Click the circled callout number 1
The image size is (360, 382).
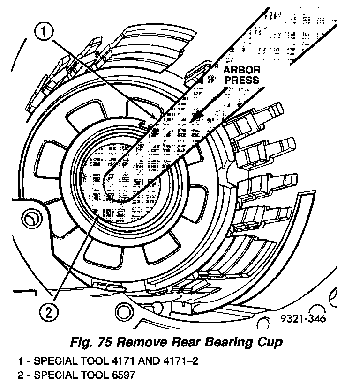point(43,32)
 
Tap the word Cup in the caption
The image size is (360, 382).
point(270,342)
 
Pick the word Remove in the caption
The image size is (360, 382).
point(139,342)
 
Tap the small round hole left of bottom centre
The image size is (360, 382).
point(124,310)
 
